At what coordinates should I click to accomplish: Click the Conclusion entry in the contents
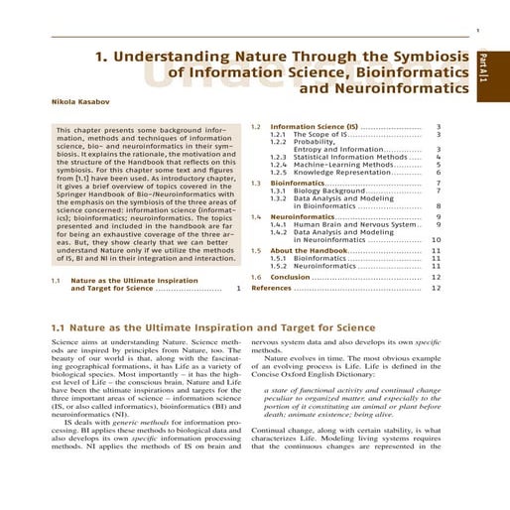tap(291, 277)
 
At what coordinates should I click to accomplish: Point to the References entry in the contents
tap(271, 288)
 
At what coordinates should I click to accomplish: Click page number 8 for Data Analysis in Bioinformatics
tap(438, 206)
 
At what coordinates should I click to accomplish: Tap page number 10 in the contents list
tap(437, 240)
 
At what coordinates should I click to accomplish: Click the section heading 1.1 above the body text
tap(212, 327)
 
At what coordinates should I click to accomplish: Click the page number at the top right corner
tap(479, 30)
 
